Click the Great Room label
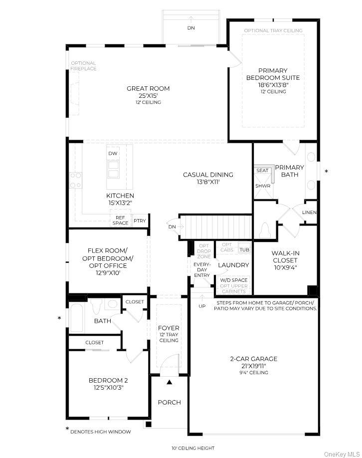click(148, 89)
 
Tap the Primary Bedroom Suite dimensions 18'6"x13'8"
click(272, 85)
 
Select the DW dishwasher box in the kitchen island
click(113, 154)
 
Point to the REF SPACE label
click(120, 220)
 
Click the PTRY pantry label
click(140, 221)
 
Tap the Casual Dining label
click(208, 175)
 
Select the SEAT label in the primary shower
click(262, 171)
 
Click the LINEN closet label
click(309, 213)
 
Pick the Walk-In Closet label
click(285, 256)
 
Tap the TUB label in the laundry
click(244, 249)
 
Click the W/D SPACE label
click(233, 280)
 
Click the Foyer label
click(169, 328)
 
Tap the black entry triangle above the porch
click(169, 382)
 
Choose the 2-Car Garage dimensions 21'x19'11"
click(254, 365)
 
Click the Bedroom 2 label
click(108, 380)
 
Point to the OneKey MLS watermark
click(342, 454)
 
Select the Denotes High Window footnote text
click(100, 432)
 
